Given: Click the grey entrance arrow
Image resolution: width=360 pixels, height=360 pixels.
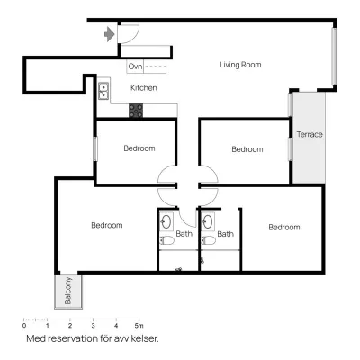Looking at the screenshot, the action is pyautogui.click(x=110, y=34).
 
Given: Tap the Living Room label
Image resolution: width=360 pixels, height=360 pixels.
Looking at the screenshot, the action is pyautogui.click(x=240, y=65).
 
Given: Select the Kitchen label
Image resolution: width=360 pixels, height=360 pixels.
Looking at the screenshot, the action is pyautogui.click(x=144, y=88).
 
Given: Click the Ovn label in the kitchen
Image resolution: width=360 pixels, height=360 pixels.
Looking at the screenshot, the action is pyautogui.click(x=135, y=67).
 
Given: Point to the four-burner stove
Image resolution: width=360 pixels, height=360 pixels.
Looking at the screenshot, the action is pyautogui.click(x=136, y=111).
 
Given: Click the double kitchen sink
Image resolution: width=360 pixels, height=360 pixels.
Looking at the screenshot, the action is pyautogui.click(x=103, y=91).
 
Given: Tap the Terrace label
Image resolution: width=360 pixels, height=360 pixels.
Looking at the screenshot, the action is pyautogui.click(x=310, y=134).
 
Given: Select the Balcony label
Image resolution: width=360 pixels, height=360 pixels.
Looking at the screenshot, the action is pyautogui.click(x=68, y=291).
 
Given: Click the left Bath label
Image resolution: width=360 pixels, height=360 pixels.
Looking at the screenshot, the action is pyautogui.click(x=184, y=234).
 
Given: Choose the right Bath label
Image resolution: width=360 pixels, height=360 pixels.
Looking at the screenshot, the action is pyautogui.click(x=225, y=234).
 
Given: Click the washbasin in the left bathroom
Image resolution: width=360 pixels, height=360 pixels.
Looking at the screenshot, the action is pyautogui.click(x=166, y=222).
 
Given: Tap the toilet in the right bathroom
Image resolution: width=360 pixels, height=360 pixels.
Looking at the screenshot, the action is pyautogui.click(x=209, y=240).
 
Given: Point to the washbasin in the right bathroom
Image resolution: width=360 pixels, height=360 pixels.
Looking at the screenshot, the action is pyautogui.click(x=208, y=222).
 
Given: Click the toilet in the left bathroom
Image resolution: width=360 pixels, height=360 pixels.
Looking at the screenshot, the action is pyautogui.click(x=166, y=240).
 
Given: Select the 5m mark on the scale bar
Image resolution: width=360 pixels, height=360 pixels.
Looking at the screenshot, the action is pyautogui.click(x=139, y=326).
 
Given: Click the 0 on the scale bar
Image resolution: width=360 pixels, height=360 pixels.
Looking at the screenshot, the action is pyautogui.click(x=24, y=326).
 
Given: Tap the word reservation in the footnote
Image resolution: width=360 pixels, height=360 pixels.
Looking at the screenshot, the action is pyautogui.click(x=71, y=338).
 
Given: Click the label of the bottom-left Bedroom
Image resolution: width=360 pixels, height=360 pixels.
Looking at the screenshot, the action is pyautogui.click(x=107, y=225).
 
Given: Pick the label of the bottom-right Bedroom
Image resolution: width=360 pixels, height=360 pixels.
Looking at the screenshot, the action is pyautogui.click(x=284, y=228).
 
